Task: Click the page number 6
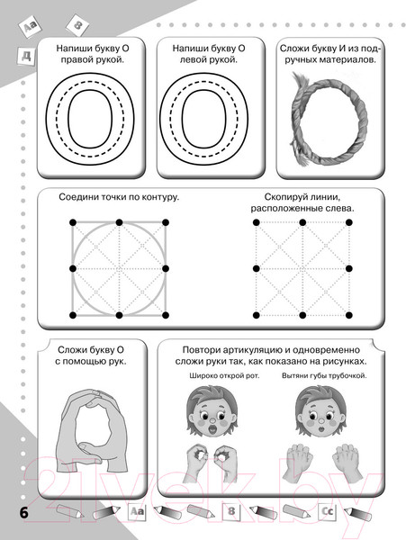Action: click(23, 513)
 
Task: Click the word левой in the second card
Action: click(194, 60)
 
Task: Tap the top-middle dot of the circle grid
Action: click(119, 222)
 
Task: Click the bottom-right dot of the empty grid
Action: click(349, 315)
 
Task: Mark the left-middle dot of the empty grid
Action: click(257, 268)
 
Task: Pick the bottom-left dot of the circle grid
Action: click(73, 315)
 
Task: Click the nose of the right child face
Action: click(321, 421)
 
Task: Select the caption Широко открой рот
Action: click(224, 375)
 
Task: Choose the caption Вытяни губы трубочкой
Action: click(324, 375)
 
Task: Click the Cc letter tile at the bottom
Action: click(327, 511)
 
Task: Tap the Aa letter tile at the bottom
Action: click(137, 511)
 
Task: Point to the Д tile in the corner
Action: click(26, 56)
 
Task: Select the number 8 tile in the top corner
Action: click(77, 25)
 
